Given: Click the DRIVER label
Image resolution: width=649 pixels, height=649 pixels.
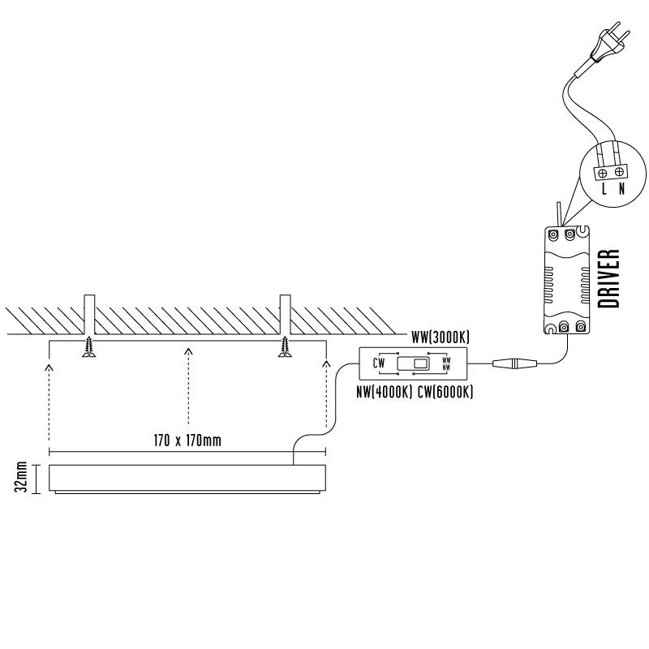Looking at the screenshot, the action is click(x=609, y=278).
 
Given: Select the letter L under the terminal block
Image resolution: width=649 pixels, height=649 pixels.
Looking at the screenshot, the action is click(x=604, y=189).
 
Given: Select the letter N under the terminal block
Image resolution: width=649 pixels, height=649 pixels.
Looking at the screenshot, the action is click(x=621, y=189).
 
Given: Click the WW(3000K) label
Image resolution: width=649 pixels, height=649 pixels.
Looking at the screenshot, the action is click(x=441, y=337).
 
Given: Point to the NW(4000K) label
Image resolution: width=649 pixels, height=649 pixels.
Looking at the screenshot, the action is click(x=385, y=392).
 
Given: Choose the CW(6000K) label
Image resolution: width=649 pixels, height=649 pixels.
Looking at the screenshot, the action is click(x=445, y=392).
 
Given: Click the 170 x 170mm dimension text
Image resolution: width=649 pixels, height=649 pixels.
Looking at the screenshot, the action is click(x=187, y=440).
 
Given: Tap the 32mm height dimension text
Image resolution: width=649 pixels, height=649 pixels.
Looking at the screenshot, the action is click(x=21, y=477).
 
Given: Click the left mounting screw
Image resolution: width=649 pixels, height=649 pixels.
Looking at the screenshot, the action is click(x=88, y=347).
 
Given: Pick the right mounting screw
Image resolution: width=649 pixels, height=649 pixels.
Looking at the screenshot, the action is click(x=285, y=347).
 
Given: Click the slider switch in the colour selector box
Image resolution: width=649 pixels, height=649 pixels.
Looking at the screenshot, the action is click(x=413, y=363).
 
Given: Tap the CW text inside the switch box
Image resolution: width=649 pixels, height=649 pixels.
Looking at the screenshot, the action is click(x=379, y=363).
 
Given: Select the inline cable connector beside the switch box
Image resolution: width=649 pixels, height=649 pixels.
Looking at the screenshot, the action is click(x=514, y=363).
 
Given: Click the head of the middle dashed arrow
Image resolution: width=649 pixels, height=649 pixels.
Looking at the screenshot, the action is click(x=189, y=351).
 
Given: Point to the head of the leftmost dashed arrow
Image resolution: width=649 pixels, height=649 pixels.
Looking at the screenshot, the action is click(x=49, y=367).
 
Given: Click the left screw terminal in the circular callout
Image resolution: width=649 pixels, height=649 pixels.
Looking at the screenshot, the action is click(x=603, y=174).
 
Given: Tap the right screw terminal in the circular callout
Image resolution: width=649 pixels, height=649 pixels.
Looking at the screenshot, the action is click(x=619, y=171).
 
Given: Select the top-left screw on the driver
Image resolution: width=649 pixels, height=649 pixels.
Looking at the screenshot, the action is click(x=553, y=234).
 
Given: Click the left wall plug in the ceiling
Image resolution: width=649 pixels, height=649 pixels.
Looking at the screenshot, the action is click(x=89, y=315).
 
